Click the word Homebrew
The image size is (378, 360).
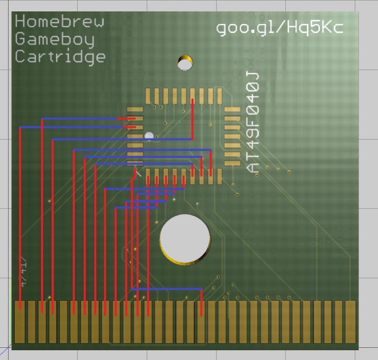[x=59, y=21]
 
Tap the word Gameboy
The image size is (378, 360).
[x=55, y=39]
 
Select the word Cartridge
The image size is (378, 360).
[x=60, y=57]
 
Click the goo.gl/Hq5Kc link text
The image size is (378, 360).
[x=280, y=28]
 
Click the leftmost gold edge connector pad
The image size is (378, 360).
[x=19, y=322]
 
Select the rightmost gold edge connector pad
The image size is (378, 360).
[x=350, y=322]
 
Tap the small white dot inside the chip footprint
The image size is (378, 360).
[x=149, y=136]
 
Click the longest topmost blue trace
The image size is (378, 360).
[x=79, y=119]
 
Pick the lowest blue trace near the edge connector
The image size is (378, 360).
[x=167, y=289]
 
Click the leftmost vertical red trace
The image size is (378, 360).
[x=20, y=216]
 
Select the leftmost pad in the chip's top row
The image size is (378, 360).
[x=148, y=96]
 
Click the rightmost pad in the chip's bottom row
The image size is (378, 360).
[x=220, y=176]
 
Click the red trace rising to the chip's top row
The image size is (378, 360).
[x=192, y=118]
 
